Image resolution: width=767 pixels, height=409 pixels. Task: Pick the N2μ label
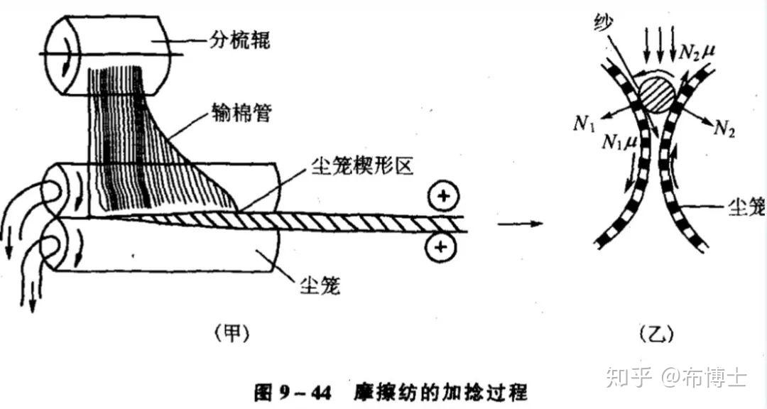point(699,51)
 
